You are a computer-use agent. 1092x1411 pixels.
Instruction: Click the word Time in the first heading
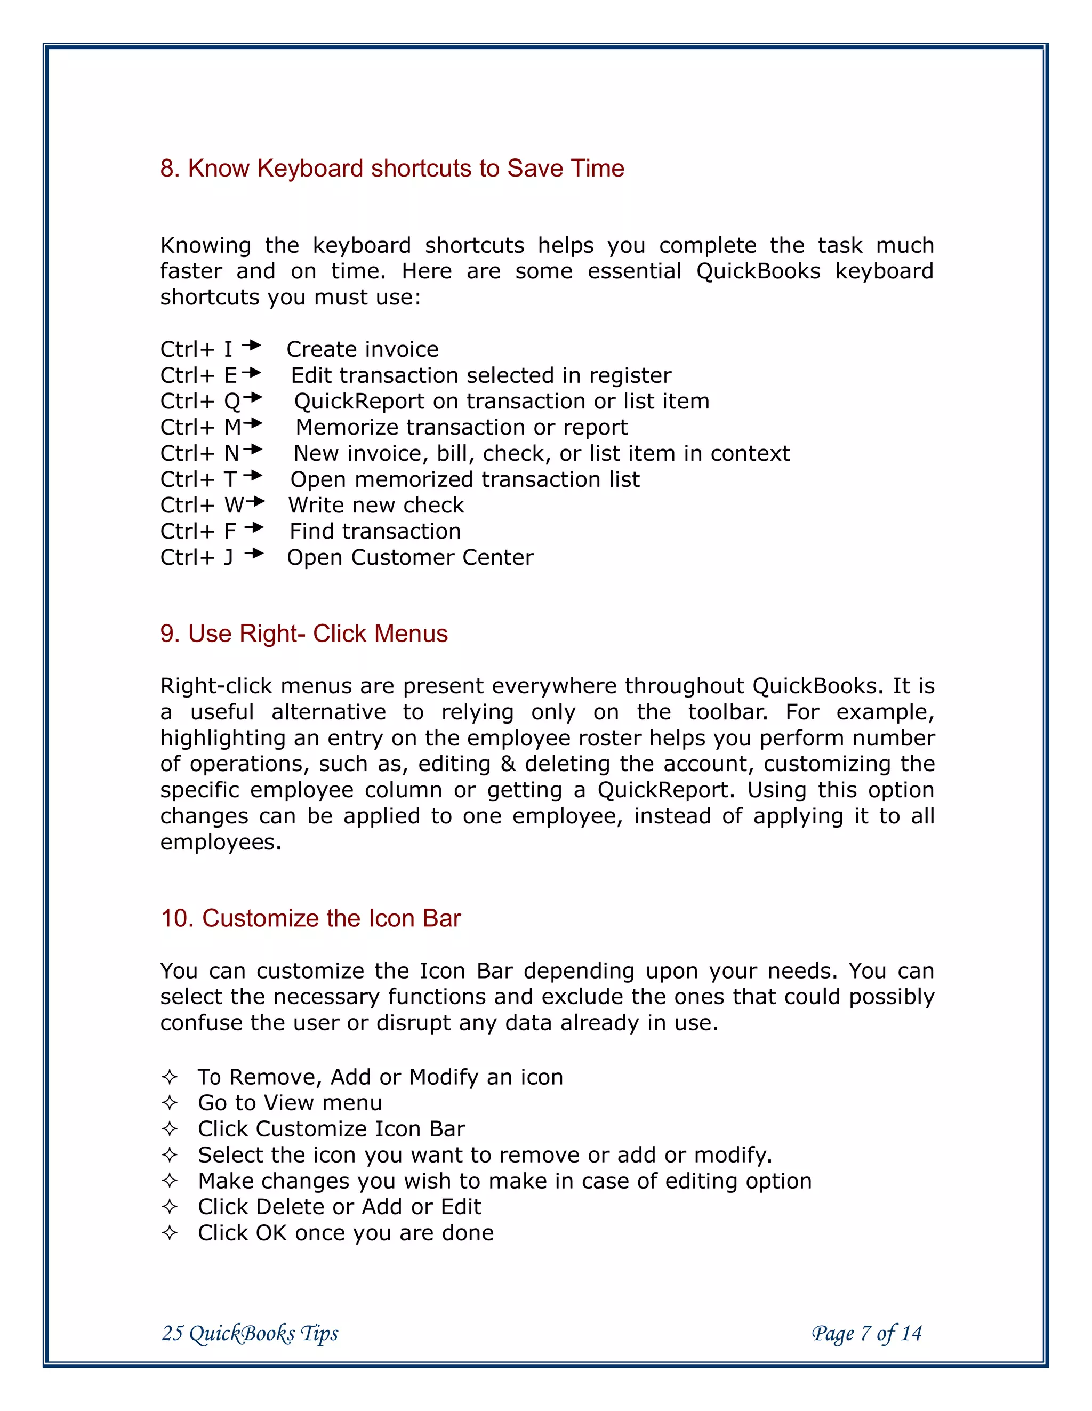(597, 169)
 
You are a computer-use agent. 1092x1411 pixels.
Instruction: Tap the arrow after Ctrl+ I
(251, 346)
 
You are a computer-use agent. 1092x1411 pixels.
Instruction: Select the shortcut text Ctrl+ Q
(199, 402)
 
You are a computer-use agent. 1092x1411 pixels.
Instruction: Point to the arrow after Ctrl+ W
(256, 501)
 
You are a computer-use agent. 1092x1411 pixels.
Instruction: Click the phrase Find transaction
(375, 532)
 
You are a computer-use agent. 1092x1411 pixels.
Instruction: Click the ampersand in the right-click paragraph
(508, 764)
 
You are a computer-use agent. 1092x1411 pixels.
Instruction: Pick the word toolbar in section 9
(728, 712)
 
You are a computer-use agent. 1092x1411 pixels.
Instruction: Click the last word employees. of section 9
(220, 843)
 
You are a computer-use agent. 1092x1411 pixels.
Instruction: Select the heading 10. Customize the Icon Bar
(310, 918)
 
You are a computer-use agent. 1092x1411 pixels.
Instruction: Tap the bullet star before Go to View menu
(170, 1103)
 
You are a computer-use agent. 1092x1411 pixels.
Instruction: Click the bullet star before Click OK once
(170, 1233)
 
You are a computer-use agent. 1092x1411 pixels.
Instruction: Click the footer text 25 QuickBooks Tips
(250, 1333)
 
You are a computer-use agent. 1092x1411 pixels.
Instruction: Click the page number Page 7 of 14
(866, 1333)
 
